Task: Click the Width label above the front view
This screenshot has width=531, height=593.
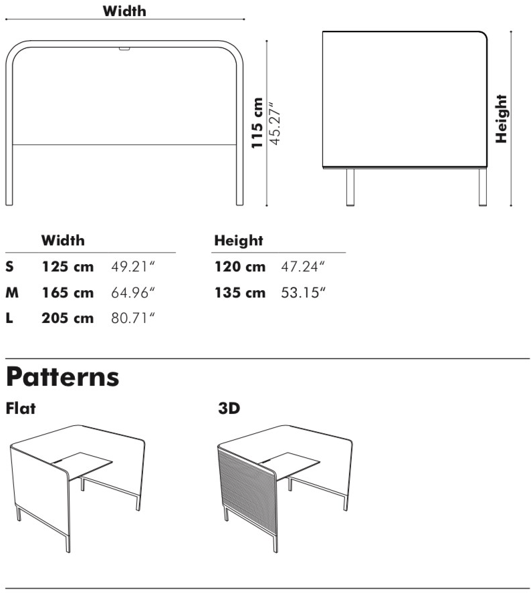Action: [124, 11]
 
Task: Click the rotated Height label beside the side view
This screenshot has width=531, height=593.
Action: [502, 119]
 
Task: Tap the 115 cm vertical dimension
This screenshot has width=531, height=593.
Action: [257, 123]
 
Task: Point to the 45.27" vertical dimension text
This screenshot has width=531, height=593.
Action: [274, 123]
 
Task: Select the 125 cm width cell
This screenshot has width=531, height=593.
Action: [68, 267]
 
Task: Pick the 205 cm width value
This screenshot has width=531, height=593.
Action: [68, 318]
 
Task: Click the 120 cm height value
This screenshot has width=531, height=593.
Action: [240, 267]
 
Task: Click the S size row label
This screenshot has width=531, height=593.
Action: [9, 267]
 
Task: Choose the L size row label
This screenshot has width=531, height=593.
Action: [9, 318]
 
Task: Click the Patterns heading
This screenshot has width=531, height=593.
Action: [63, 378]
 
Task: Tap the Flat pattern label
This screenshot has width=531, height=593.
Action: [21, 407]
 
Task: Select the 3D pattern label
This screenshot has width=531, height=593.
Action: [229, 408]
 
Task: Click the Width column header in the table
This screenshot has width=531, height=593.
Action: [64, 240]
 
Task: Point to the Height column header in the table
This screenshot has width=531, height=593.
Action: [238, 240]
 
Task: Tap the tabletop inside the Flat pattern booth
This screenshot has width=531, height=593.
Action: [84, 463]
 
